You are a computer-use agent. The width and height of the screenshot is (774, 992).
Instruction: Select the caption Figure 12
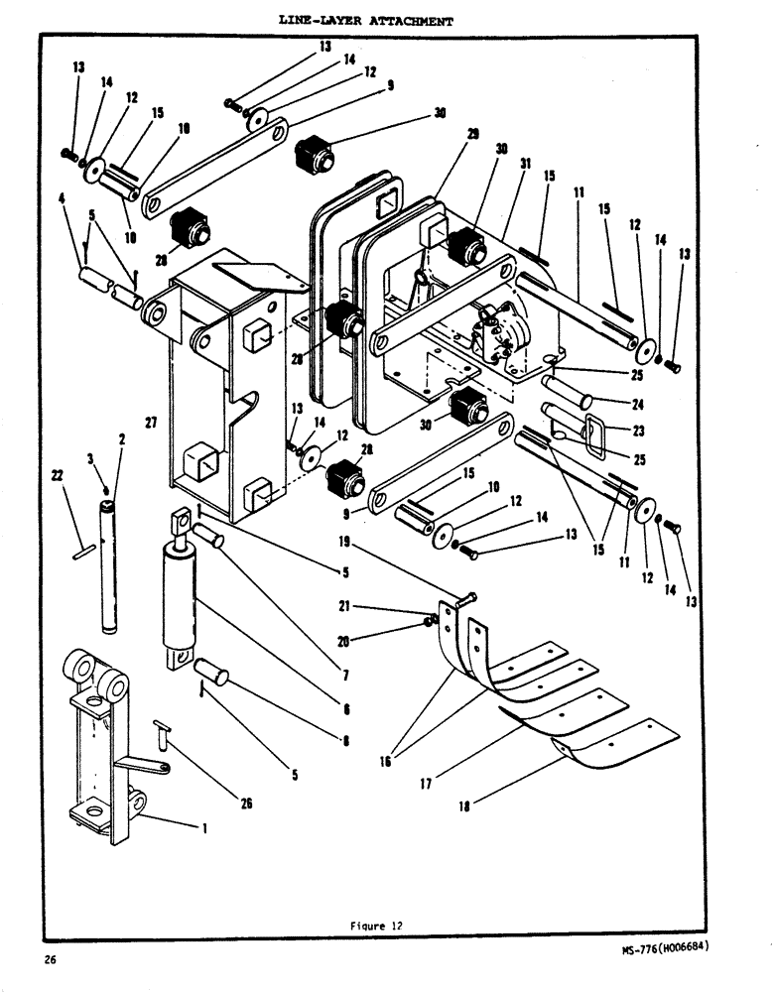pos(375,926)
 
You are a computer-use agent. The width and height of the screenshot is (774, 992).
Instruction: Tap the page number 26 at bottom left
pos(49,959)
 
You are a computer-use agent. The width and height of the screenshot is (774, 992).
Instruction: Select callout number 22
pos(58,477)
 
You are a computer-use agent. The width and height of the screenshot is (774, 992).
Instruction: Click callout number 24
pos(637,404)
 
